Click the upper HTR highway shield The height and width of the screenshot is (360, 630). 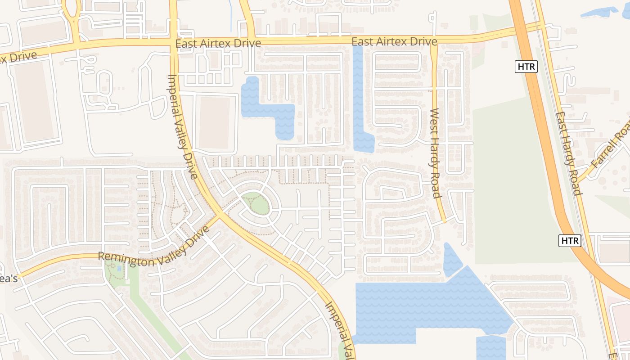[526, 67]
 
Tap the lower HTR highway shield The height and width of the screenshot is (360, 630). [570, 240]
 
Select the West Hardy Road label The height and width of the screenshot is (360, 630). [435, 153]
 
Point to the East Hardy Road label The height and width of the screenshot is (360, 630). [568, 153]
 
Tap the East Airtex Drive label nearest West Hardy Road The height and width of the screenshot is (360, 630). [394, 42]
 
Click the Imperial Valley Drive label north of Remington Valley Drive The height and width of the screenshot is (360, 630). [183, 126]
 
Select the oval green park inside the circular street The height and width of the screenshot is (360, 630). [257, 203]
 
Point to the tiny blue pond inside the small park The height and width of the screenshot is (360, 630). [119, 268]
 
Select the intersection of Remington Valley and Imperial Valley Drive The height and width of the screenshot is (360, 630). [220, 215]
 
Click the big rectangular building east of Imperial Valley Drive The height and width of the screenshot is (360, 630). [214, 122]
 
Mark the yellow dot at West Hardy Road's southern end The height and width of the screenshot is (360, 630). [444, 221]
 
